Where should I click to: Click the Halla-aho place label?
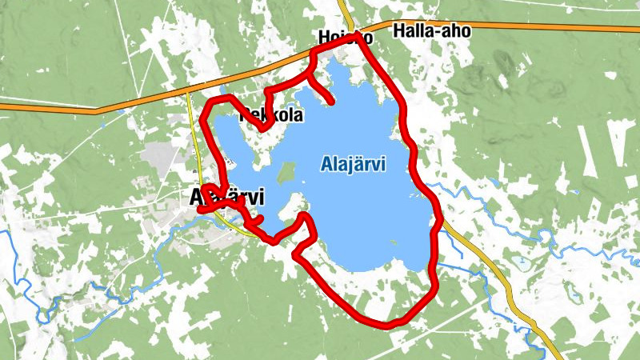click(432, 30)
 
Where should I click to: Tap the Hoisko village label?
click(344, 37)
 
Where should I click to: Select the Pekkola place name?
click(272, 115)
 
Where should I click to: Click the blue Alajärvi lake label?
click(353, 165)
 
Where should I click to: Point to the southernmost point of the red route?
click(387, 325)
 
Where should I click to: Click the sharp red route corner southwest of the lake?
click(296, 255)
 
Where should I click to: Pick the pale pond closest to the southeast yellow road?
click(521, 261)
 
